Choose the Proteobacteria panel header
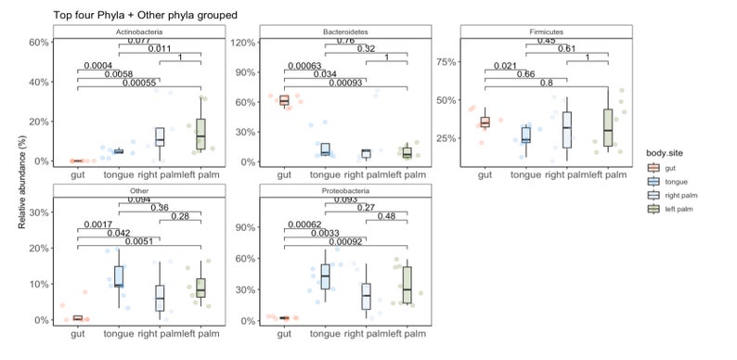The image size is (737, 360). click(x=344, y=190)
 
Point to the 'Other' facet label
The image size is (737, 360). click(x=138, y=190)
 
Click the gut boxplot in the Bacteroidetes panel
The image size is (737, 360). click(x=284, y=100)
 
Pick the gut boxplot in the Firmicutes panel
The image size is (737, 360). click(x=485, y=122)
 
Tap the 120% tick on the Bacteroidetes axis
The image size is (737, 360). click(x=244, y=43)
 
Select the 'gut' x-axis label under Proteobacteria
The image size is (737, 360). click(x=284, y=333)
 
